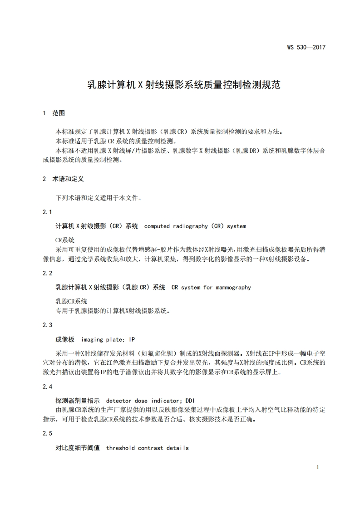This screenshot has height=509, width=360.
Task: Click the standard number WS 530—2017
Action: coord(306,47)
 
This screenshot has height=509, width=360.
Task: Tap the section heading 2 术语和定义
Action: coord(63,179)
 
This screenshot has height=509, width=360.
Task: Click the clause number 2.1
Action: coord(48,212)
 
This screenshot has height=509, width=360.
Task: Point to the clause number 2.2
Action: coord(48,274)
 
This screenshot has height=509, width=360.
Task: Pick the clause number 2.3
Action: coord(48,325)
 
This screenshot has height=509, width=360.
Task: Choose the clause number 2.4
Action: coord(48,387)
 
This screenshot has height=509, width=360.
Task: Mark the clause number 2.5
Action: coord(48,434)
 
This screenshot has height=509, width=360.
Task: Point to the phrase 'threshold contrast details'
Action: coord(147,448)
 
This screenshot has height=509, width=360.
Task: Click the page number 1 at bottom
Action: coord(318,467)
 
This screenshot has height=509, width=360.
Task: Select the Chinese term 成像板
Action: coord(64,339)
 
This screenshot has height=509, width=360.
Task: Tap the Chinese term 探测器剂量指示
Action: coord(77,401)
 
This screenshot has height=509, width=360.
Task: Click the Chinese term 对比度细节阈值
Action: coord(77,448)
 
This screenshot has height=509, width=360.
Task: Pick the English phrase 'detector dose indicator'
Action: coord(143,401)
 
